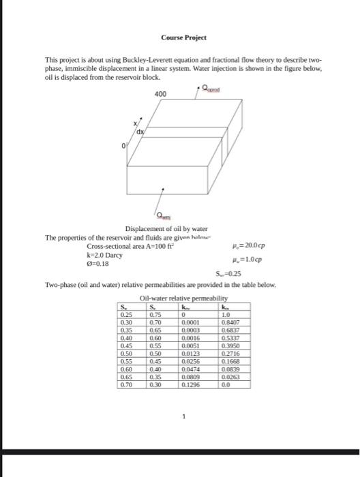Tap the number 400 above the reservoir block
(159, 93)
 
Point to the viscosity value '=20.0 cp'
(247, 246)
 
